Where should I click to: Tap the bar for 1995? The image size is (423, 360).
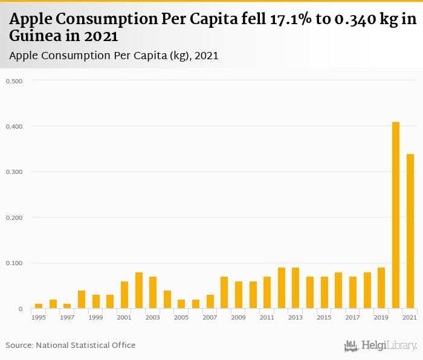(39, 306)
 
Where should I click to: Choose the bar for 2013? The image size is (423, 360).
(295, 288)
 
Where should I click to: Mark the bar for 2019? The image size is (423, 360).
(381, 288)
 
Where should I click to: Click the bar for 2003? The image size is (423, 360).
(153, 293)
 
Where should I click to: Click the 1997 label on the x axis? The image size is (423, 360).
(67, 317)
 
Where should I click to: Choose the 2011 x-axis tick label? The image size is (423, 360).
(266, 317)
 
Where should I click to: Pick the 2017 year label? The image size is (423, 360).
(352, 317)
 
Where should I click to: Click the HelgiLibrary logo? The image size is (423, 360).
(381, 346)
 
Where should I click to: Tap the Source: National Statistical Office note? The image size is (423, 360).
(71, 345)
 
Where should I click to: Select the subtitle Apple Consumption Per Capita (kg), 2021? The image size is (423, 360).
(114, 56)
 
